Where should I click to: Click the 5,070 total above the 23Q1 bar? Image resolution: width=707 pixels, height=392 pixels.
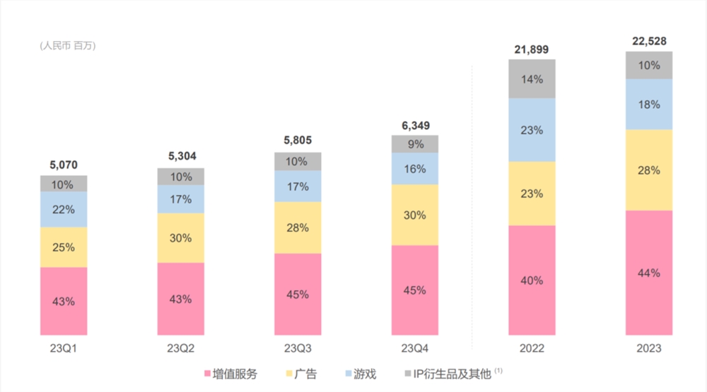pyautogui.click(x=64, y=165)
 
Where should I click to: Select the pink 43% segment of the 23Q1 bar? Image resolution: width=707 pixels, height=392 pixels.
pyautogui.click(x=64, y=301)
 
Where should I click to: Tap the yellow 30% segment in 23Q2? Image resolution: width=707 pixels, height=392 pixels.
pyautogui.click(x=180, y=238)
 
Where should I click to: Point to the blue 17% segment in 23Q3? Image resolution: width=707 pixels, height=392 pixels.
pyautogui.click(x=298, y=187)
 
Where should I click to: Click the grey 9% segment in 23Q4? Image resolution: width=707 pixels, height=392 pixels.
pyautogui.click(x=415, y=144)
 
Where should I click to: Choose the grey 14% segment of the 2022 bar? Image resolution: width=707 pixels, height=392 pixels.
pyautogui.click(x=532, y=79)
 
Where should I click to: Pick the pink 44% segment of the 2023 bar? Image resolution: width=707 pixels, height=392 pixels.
pyautogui.click(x=649, y=273)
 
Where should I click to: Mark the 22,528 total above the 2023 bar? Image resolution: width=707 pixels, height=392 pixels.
pyautogui.click(x=649, y=41)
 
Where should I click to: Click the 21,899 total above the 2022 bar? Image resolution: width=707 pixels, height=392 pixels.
pyautogui.click(x=532, y=49)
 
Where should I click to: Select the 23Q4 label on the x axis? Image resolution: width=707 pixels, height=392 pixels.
pyautogui.click(x=415, y=349)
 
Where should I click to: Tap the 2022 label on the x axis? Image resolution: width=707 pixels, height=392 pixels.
pyautogui.click(x=532, y=349)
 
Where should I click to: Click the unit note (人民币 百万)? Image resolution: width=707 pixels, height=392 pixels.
pyautogui.click(x=68, y=46)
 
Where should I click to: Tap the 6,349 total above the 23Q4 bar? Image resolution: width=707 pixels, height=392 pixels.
pyautogui.click(x=415, y=125)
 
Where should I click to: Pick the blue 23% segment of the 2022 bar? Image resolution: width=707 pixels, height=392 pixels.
pyautogui.click(x=532, y=130)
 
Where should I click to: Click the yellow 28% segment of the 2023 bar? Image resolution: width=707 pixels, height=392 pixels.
pyautogui.click(x=649, y=170)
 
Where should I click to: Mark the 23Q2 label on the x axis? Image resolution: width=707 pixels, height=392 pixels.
pyautogui.click(x=180, y=349)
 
